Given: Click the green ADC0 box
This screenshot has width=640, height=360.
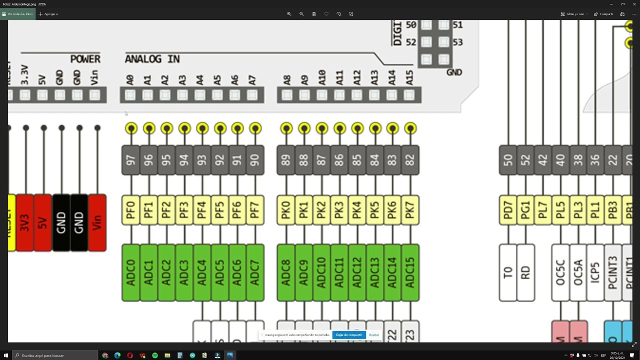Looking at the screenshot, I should [x=130, y=272].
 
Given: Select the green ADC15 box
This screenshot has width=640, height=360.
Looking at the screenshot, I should [x=410, y=272].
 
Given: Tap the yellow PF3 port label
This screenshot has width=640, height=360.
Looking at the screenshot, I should [x=184, y=210].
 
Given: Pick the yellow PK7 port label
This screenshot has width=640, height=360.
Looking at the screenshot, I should [x=410, y=210].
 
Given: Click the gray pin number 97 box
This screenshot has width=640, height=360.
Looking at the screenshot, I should [x=130, y=160].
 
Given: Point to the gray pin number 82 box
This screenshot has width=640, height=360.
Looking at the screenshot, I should [x=410, y=160].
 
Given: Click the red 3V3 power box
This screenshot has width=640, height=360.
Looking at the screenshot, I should [x=24, y=222].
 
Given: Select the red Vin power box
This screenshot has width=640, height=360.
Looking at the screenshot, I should [x=97, y=222].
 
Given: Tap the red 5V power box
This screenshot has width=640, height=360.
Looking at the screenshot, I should [x=42, y=222].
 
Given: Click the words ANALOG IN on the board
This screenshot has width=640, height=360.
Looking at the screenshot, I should [x=152, y=59].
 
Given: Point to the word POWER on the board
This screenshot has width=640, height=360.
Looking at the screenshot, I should [x=85, y=59].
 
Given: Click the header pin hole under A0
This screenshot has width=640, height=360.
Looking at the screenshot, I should [x=130, y=95].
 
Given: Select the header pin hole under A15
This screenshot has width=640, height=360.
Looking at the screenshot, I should [x=409, y=95].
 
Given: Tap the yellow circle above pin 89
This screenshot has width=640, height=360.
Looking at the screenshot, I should [x=286, y=128].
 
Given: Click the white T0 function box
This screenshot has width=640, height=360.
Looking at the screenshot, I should [x=508, y=272].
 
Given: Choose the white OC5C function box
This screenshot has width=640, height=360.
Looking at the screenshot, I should [x=560, y=272].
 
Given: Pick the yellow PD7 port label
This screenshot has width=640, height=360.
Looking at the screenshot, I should [x=508, y=210].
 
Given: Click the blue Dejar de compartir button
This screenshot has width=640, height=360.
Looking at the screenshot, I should [x=348, y=335].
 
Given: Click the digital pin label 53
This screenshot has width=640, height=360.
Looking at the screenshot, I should [x=457, y=42].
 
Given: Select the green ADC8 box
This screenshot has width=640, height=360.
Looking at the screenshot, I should [x=286, y=272].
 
